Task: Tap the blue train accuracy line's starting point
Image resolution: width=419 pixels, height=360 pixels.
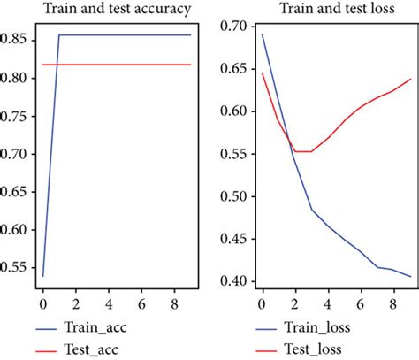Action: (42, 276)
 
